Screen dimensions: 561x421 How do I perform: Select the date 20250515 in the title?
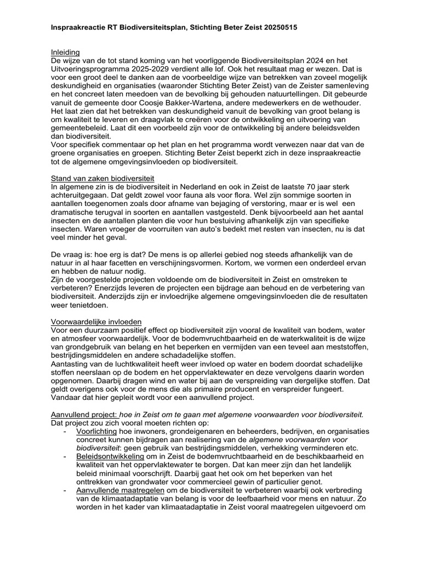pos(278,27)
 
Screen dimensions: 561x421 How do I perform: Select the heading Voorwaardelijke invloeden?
pos(96,322)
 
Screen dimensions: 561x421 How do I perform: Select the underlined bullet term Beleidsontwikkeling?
pos(110,456)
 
